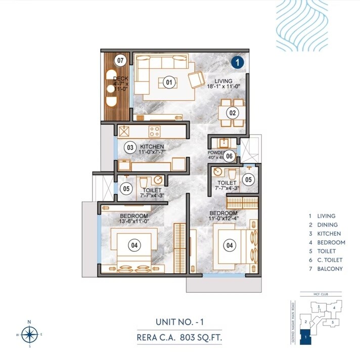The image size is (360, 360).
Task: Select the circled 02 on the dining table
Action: click(233, 113)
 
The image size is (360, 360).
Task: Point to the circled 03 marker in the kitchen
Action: click(130, 148)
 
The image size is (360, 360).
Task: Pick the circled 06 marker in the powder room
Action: click(229, 156)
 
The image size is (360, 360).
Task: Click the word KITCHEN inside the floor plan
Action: click(152, 146)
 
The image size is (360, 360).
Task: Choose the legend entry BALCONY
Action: click(330, 269)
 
